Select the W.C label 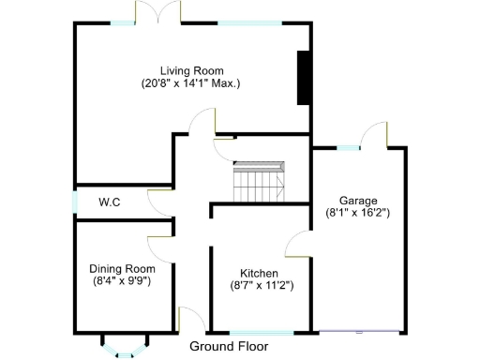[110, 202]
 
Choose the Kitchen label [259, 273]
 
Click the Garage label [358, 201]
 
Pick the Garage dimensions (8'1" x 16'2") [358, 213]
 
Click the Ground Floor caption [228, 346]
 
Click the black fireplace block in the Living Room [304, 78]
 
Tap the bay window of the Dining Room [123, 346]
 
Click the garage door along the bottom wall [360, 332]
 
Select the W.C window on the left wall [76, 202]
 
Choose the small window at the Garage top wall [349, 147]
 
